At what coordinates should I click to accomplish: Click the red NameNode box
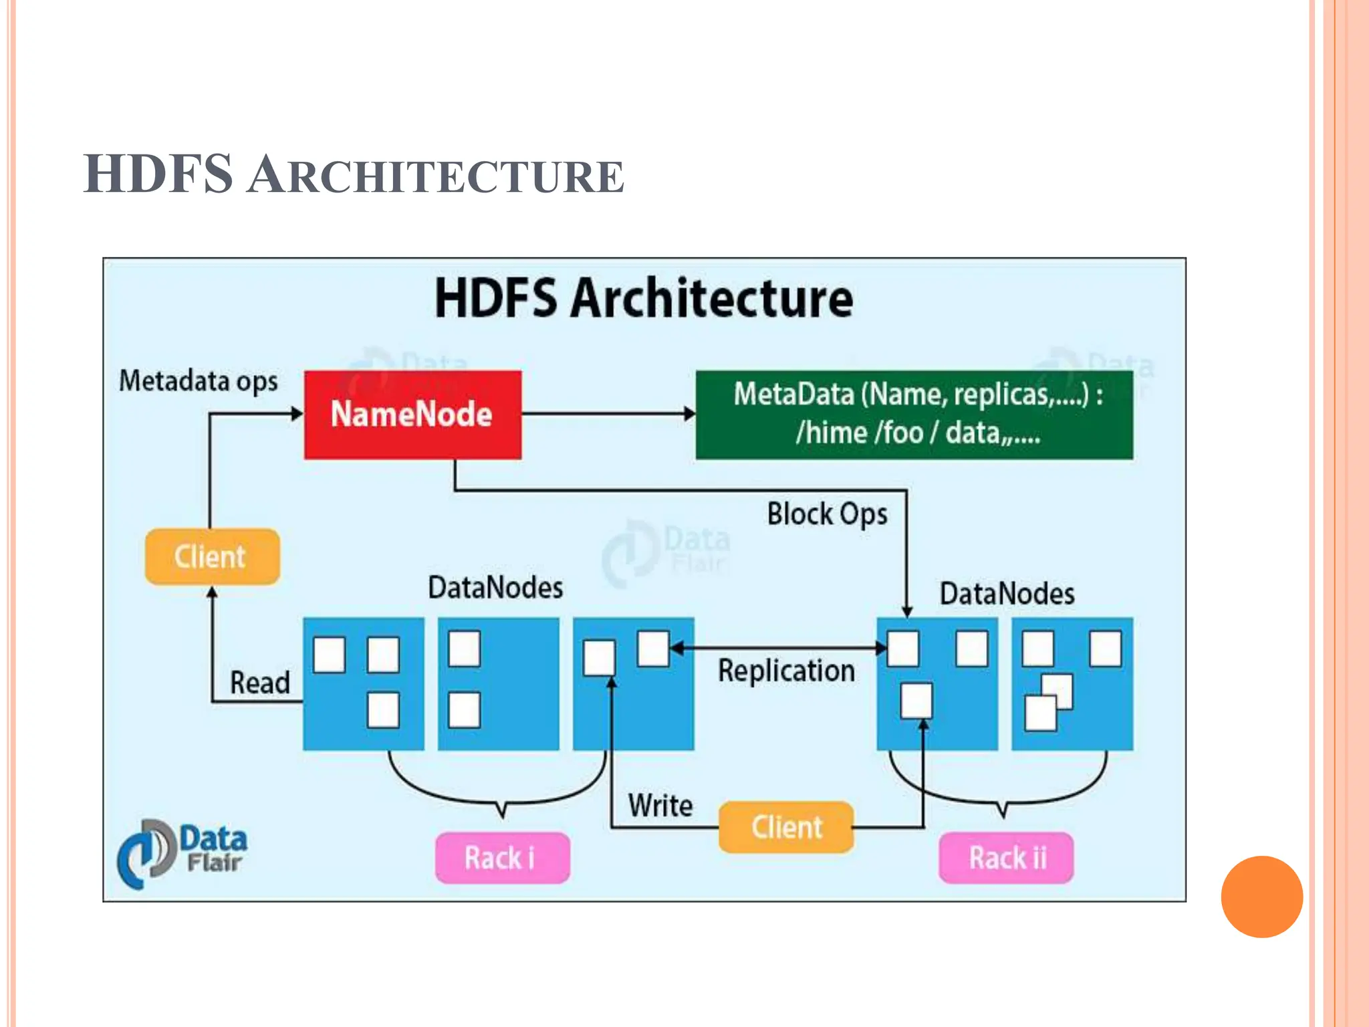[412, 415]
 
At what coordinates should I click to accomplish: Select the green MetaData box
[914, 415]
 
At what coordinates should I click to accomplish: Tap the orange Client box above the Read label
[212, 556]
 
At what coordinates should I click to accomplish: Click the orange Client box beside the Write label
[786, 827]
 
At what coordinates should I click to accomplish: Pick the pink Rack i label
[502, 858]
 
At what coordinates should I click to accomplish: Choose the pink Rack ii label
[1006, 858]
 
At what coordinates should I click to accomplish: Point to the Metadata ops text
[198, 381]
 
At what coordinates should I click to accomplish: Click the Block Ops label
[827, 514]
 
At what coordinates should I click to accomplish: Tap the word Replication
[786, 671]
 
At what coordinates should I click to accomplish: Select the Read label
[260, 683]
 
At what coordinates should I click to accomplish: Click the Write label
[660, 806]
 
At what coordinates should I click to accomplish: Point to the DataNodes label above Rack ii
[1007, 594]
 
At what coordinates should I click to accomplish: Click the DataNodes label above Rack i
[495, 588]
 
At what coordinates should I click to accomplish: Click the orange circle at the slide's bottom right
[1261, 897]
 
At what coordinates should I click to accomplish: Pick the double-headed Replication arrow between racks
[779, 648]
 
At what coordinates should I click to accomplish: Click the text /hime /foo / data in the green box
[917, 433]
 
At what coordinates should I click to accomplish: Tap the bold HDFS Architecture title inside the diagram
[644, 298]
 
